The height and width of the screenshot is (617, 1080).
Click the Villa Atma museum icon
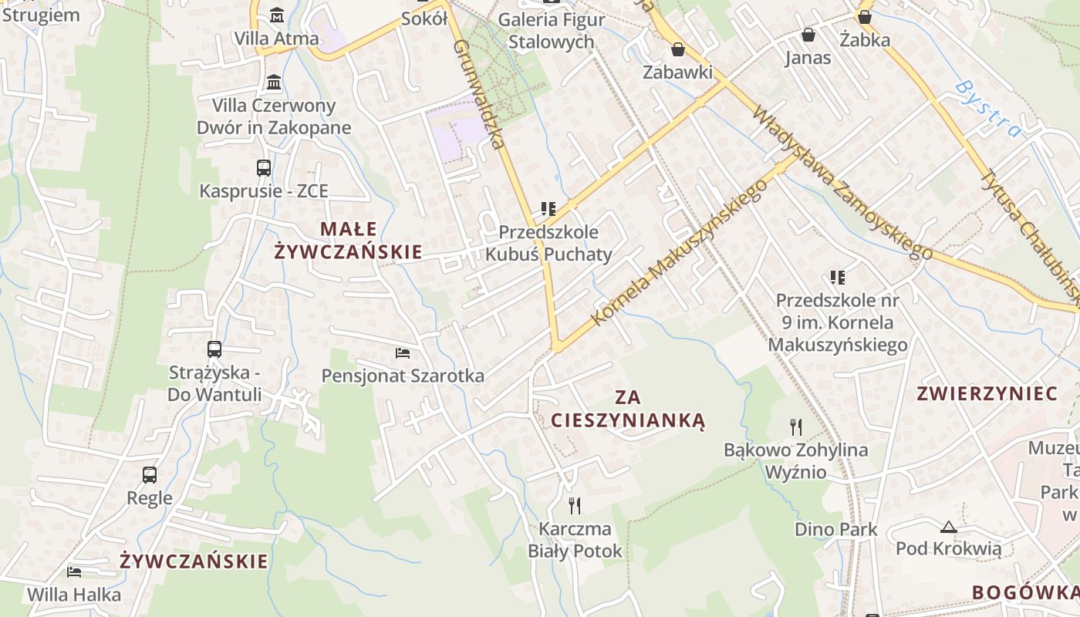click(x=276, y=15)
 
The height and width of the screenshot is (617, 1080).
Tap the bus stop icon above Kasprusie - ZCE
click(x=264, y=167)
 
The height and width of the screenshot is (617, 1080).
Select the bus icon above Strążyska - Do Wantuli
click(x=214, y=349)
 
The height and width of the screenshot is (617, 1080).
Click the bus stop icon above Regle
click(x=150, y=475)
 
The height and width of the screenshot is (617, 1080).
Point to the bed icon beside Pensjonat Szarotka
click(x=403, y=353)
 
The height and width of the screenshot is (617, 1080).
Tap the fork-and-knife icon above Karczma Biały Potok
click(x=575, y=506)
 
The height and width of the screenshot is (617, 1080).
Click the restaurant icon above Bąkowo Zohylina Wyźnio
click(x=796, y=427)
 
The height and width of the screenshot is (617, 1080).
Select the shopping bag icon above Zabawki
click(x=678, y=49)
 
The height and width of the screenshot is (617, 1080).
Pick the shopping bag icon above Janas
click(x=808, y=35)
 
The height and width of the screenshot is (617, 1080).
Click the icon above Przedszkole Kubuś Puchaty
click(x=548, y=208)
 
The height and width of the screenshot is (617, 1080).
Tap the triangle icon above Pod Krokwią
click(x=949, y=527)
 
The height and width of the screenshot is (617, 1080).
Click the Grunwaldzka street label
click(x=479, y=93)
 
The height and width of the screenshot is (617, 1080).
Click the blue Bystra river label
click(x=987, y=109)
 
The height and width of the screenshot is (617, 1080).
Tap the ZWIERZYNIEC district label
click(x=987, y=393)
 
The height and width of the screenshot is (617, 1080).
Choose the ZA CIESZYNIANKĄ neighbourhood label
click(x=628, y=409)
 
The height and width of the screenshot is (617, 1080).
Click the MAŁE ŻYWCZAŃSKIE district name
click(x=349, y=240)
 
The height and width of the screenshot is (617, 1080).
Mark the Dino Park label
click(x=836, y=530)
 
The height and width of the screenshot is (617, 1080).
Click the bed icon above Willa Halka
click(x=74, y=571)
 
